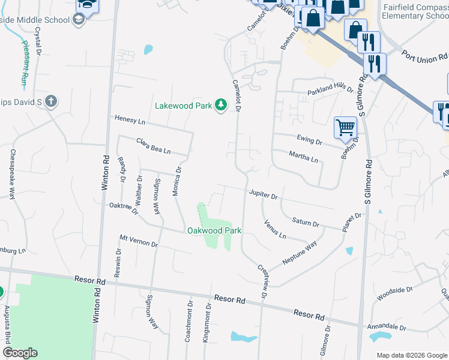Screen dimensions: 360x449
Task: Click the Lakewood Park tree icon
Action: (221, 106)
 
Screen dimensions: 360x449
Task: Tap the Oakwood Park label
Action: (214, 230)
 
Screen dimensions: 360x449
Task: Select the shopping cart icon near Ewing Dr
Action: (345, 127)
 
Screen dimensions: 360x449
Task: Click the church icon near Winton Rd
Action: (51, 101)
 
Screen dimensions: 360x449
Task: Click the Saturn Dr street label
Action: (306, 223)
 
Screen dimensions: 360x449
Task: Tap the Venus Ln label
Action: (275, 229)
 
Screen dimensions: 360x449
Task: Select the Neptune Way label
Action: (300, 254)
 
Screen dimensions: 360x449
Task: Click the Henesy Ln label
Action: (130, 121)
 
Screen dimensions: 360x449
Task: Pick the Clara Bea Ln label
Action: (153, 145)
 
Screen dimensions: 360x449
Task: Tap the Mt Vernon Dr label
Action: (138, 241)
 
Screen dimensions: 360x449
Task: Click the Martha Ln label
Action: (303, 157)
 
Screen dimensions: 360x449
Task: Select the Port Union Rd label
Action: (424, 56)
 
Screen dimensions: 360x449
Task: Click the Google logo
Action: (20, 353)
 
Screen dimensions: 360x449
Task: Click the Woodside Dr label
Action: (394, 293)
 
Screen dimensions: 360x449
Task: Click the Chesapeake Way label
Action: (12, 174)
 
